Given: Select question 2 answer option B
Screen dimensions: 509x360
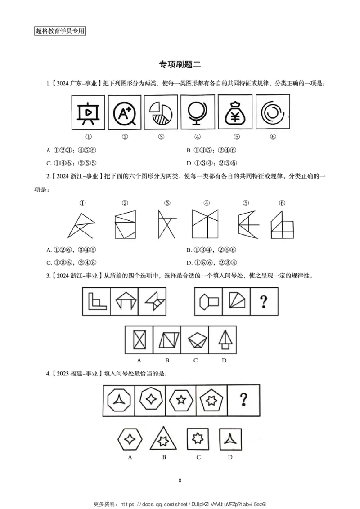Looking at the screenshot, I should tap(211, 250).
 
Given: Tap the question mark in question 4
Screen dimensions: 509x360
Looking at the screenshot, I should tap(244, 398).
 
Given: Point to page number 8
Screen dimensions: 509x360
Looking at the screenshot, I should tap(180, 481).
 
